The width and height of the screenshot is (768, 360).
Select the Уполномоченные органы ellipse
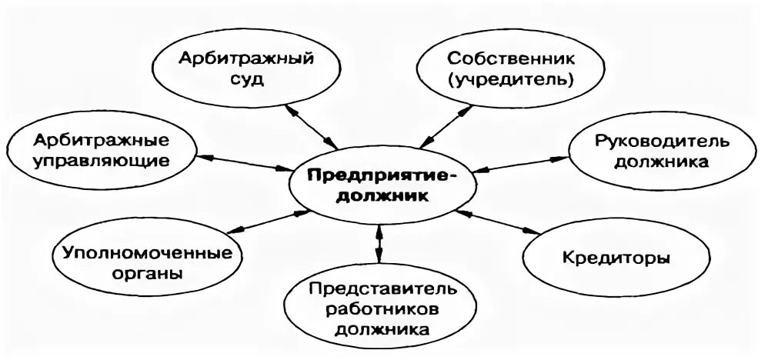pyautogui.click(x=145, y=262)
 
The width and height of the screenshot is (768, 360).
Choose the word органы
pyautogui.click(x=145, y=274)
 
